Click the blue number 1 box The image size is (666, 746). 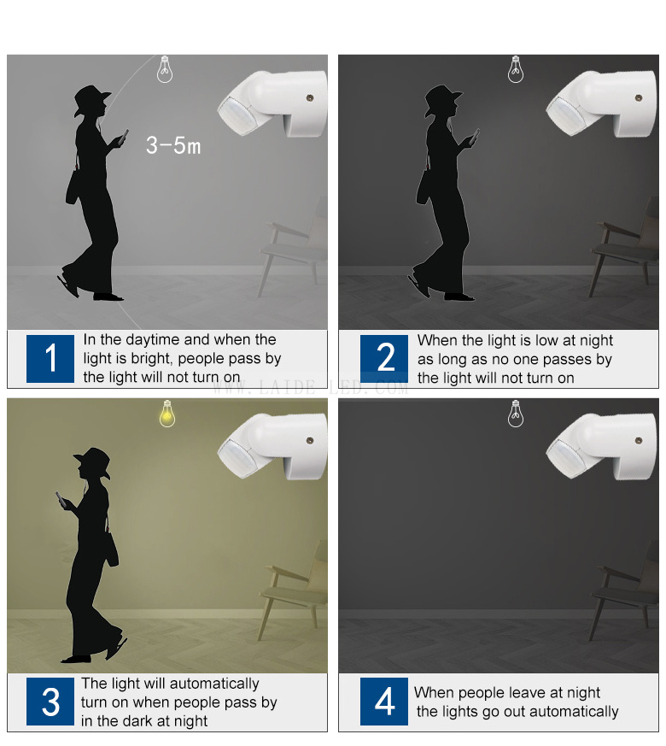(x=50, y=358)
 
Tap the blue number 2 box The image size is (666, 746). (x=384, y=358)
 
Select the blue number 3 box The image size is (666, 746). (x=50, y=702)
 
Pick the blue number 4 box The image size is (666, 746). (x=384, y=702)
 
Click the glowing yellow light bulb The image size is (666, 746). (x=166, y=414)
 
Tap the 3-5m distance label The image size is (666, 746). (x=173, y=145)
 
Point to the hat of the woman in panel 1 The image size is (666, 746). (x=91, y=99)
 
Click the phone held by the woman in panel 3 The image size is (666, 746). (x=61, y=499)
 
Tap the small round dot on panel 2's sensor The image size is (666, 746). (x=639, y=98)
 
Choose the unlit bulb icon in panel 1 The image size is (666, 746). (x=165, y=69)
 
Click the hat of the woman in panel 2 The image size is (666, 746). (x=442, y=100)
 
